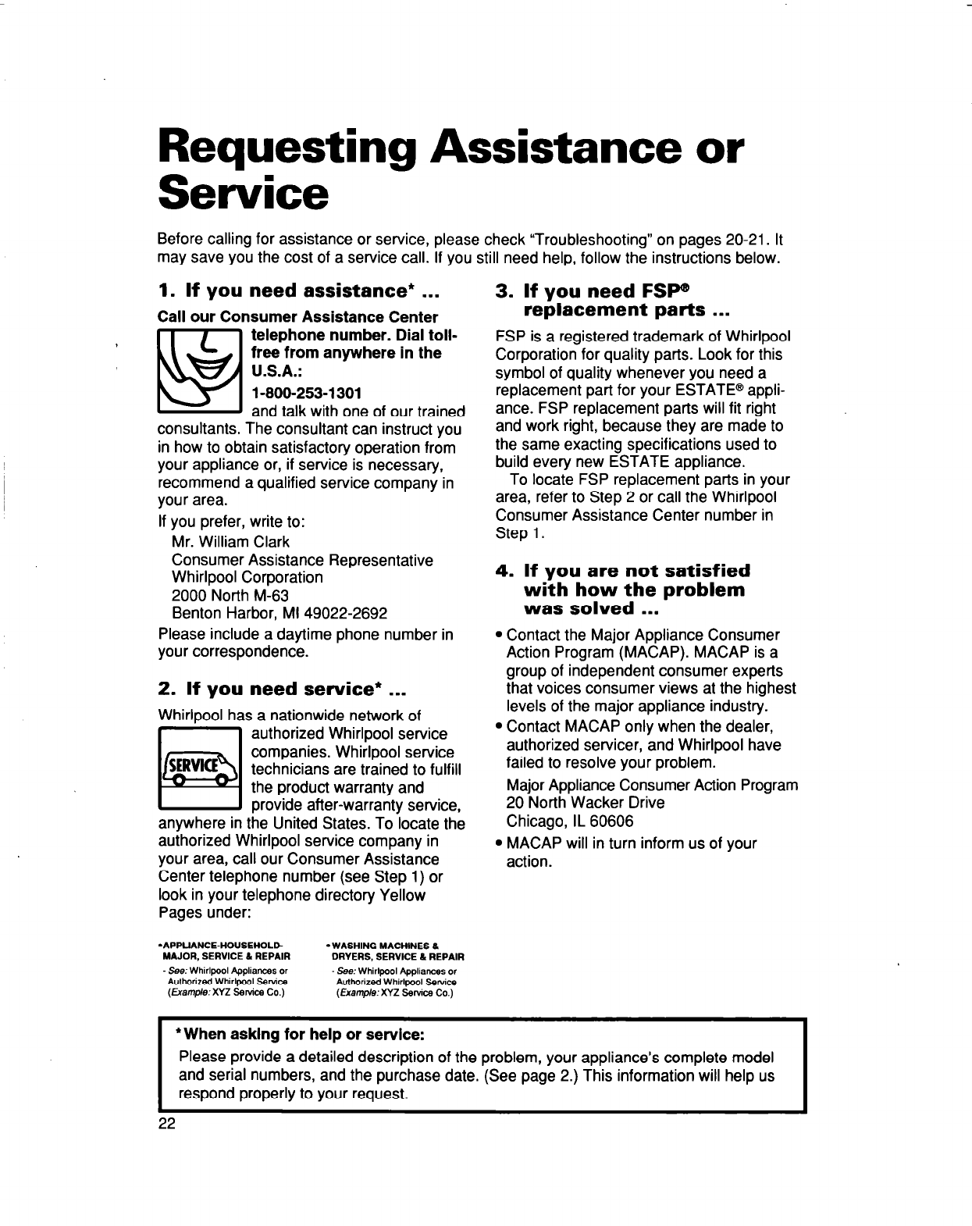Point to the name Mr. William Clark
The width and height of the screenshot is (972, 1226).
(x=230, y=541)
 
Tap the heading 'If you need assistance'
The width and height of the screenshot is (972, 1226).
(x=301, y=291)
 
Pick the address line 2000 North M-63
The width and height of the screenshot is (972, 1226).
(x=219, y=595)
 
